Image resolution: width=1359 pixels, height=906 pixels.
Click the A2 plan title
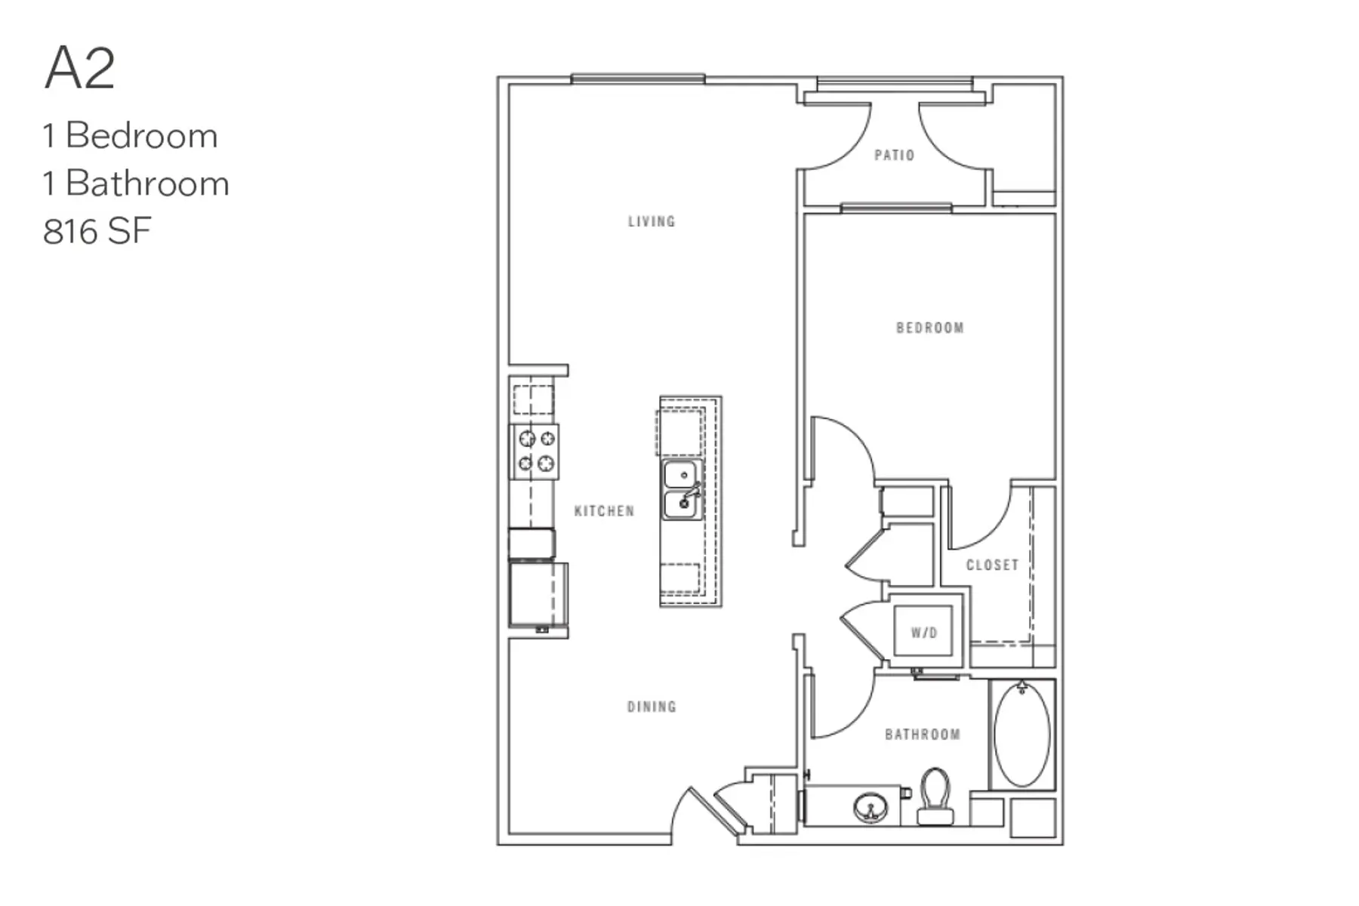click(x=80, y=68)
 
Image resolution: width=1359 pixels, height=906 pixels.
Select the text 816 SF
click(x=97, y=232)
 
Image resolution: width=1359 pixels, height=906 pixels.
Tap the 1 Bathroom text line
click(x=136, y=183)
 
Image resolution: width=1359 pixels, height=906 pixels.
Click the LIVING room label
click(x=652, y=222)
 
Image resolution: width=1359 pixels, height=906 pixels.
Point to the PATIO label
click(x=894, y=156)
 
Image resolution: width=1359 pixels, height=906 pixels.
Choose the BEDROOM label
click(x=929, y=328)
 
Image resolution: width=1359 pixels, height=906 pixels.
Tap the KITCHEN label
click(x=604, y=512)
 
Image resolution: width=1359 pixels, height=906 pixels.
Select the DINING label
click(x=652, y=707)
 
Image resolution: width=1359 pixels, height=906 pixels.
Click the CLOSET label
click(x=992, y=565)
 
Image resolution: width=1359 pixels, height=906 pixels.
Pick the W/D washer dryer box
click(x=923, y=633)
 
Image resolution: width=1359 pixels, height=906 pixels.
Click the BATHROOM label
click(x=922, y=735)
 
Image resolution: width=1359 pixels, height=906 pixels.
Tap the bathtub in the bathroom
click(x=1022, y=734)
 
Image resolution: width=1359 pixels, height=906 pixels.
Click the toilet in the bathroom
click(x=936, y=797)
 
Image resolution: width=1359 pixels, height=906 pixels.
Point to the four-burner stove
click(x=536, y=451)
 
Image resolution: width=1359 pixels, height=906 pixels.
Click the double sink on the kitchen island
click(x=683, y=490)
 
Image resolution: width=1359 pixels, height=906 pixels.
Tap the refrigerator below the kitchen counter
click(x=538, y=594)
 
